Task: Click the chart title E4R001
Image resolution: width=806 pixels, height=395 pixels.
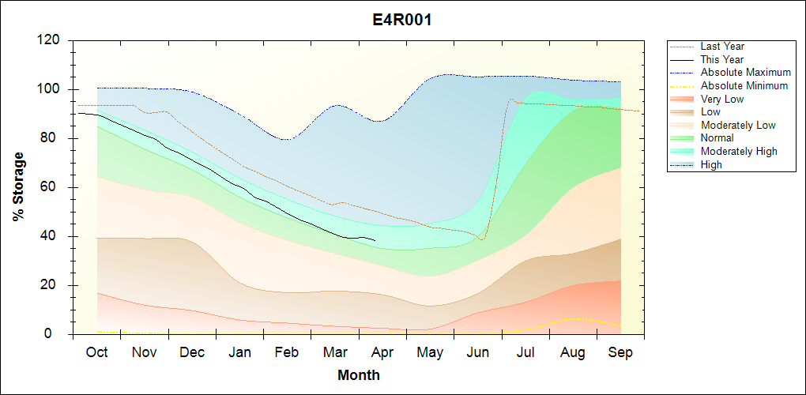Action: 402,20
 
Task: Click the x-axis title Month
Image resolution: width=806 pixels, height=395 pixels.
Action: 358,375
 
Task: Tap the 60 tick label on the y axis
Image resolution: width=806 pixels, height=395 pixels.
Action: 53,187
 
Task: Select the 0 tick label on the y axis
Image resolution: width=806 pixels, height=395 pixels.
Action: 58,334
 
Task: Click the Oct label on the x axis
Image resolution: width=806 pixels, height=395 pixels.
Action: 96,352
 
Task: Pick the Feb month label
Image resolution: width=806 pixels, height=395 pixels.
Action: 286,352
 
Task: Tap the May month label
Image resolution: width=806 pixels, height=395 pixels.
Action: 429,352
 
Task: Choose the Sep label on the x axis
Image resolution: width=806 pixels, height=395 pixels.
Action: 620,352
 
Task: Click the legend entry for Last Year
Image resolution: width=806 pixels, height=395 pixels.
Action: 722,47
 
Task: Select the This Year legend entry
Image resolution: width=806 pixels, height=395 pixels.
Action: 721,59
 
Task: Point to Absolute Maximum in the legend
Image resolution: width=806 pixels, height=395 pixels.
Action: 745,73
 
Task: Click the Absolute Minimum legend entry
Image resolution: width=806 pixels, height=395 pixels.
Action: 744,86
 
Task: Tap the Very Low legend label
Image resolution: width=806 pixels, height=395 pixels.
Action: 722,99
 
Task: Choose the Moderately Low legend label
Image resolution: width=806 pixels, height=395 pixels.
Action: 738,125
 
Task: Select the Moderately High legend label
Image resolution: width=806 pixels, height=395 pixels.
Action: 739,151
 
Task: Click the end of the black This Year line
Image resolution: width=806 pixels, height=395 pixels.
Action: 375,240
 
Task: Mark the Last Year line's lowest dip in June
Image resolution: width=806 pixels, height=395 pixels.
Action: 481,239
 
